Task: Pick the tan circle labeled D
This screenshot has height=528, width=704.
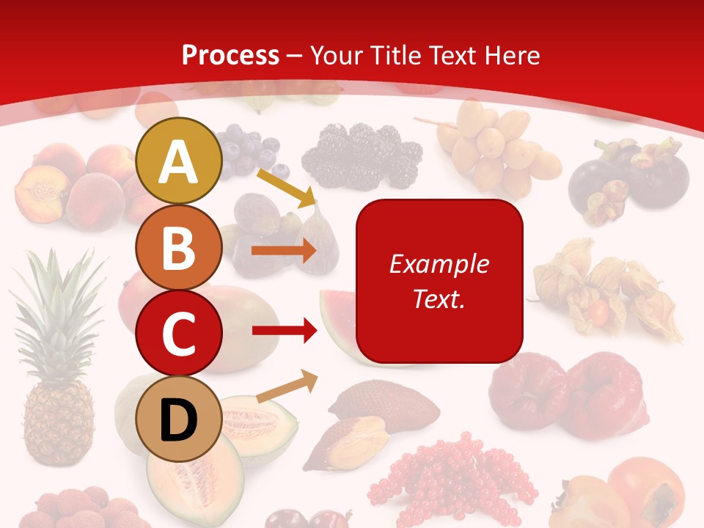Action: [x=178, y=419]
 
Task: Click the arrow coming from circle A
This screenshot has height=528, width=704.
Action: [x=286, y=188]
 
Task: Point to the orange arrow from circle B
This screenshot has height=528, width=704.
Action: [x=284, y=251]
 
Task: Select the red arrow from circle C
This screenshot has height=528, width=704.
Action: [x=284, y=331]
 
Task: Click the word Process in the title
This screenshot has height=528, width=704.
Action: [x=230, y=56]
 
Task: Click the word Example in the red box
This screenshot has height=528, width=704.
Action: [x=439, y=264]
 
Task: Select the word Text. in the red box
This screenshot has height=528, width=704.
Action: [x=439, y=298]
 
